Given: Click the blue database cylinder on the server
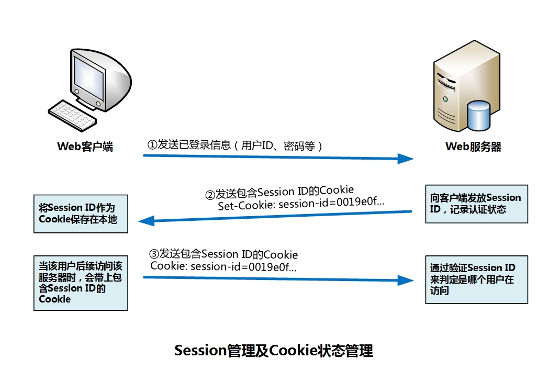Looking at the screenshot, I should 478,116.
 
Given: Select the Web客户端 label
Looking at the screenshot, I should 85,147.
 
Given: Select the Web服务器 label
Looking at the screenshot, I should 473,147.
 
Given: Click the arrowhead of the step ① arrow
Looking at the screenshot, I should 406,159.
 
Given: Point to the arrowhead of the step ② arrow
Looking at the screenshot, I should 147,221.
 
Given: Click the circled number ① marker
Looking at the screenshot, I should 152,145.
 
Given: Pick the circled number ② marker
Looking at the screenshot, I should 210,195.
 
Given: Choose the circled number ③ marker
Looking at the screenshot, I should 154,254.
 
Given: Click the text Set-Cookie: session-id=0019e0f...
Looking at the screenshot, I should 301,205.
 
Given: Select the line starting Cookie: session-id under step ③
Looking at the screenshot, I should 223,267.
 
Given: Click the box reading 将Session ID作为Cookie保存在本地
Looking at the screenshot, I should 81,214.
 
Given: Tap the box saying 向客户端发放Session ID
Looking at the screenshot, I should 475,204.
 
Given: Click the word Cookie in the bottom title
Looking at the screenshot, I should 293,350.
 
